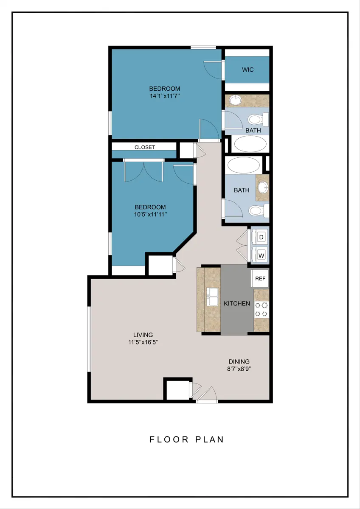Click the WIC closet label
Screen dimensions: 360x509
(247, 70)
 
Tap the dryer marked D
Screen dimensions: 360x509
(261, 237)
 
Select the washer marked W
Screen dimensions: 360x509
(261, 255)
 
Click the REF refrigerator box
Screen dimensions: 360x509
(260, 278)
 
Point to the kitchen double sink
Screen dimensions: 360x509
(213, 296)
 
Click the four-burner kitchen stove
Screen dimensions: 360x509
(261, 310)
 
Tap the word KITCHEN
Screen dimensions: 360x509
(237, 304)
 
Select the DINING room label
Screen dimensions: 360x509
(239, 361)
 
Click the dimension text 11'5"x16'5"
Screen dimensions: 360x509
(143, 342)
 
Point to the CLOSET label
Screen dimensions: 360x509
(145, 147)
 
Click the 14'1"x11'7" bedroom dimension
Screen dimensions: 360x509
(165, 96)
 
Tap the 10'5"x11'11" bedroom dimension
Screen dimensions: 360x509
(151, 214)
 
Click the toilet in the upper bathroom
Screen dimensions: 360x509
(258, 120)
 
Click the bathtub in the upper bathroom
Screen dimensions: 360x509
(250, 144)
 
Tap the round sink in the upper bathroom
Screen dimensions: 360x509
(236, 100)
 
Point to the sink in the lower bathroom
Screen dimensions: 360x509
(263, 187)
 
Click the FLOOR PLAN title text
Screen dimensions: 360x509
(187, 439)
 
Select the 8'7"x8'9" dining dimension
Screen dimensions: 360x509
(239, 369)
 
